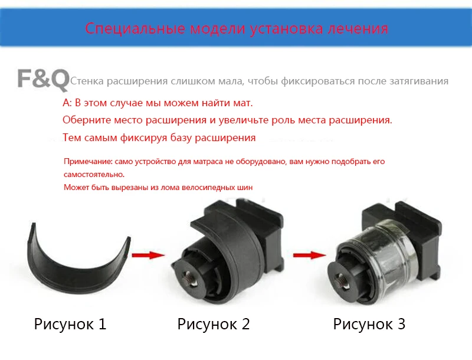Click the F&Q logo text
pos(43,79)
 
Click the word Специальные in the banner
pos(135,28)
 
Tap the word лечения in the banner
pos(358,28)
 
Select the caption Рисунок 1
pos(70,324)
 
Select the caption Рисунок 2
pos(214,324)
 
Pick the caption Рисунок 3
pos(369,324)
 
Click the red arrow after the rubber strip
pos(148,256)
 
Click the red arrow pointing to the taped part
pos(309,256)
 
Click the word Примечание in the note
pos(88,162)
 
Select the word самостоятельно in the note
pos(94,175)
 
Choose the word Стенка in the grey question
pos(87,81)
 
